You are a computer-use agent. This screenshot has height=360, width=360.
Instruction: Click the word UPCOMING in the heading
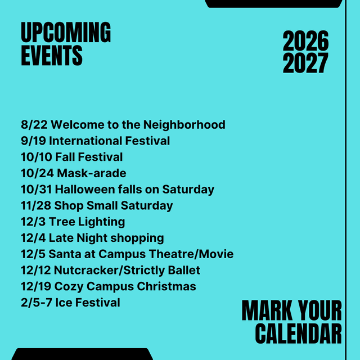tap(66, 33)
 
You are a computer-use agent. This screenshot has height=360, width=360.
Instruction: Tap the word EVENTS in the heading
tap(52, 55)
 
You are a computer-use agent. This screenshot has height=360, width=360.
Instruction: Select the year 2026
tap(305, 41)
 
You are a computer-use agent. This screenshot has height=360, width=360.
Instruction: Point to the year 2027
tap(305, 63)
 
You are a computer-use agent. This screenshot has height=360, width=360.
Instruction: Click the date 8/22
tap(34, 125)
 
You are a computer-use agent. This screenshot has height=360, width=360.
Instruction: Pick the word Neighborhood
tap(184, 125)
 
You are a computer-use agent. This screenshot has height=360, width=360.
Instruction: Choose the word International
tap(85, 141)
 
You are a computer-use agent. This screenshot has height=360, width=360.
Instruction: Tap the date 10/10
tap(37, 157)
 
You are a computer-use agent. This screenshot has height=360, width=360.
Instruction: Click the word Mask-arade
tap(92, 173)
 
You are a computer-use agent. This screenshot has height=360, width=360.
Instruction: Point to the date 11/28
tap(36, 205)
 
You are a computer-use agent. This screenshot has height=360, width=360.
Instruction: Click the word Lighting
tap(102, 222)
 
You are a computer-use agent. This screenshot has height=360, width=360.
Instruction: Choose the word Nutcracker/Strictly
tap(109, 270)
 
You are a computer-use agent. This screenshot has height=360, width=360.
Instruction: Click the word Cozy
tap(69, 287)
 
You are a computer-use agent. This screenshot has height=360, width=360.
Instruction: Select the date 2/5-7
tap(37, 303)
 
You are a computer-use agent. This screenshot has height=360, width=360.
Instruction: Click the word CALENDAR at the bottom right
tap(299, 334)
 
